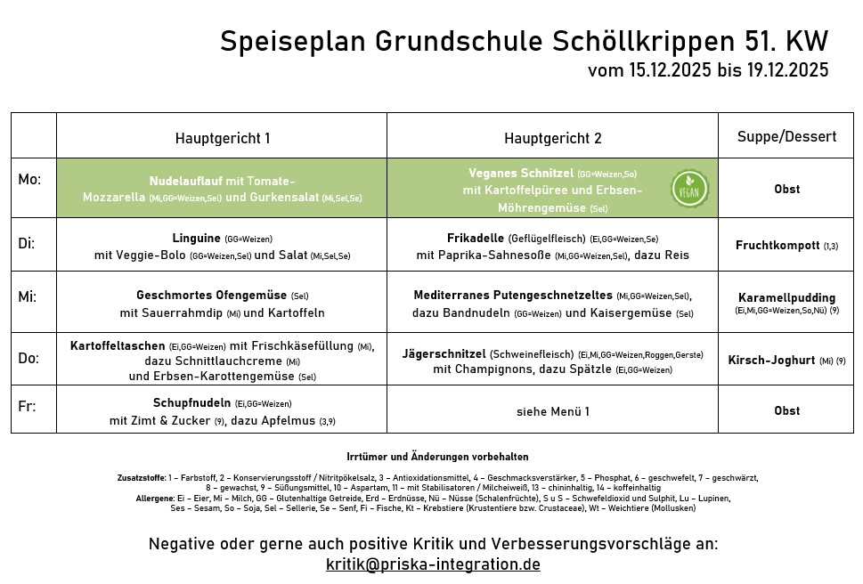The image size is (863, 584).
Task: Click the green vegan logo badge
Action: pyautogui.click(x=690, y=189)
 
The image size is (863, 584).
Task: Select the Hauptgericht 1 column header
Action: pyautogui.click(x=222, y=138)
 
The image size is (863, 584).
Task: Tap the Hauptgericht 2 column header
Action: pyautogui.click(x=552, y=138)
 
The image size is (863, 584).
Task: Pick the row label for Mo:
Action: pyautogui.click(x=29, y=180)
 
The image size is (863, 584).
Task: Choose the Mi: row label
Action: pyautogui.click(x=28, y=296)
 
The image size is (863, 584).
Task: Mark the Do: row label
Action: pyautogui.click(x=29, y=358)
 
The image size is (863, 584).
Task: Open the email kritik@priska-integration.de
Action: pyautogui.click(x=433, y=564)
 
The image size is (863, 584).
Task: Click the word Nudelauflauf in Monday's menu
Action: pyautogui.click(x=186, y=180)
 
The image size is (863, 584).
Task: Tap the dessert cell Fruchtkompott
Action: pyautogui.click(x=777, y=245)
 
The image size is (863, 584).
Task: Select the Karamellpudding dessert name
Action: pyautogui.click(x=786, y=297)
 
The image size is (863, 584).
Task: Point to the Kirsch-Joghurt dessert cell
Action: pyautogui.click(x=770, y=361)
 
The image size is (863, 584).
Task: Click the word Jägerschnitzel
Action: pyautogui.click(x=443, y=353)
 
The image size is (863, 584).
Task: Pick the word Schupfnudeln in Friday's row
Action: pyautogui.click(x=191, y=402)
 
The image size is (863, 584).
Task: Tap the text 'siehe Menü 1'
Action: pyautogui.click(x=552, y=411)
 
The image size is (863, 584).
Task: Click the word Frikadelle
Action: pyautogui.click(x=476, y=238)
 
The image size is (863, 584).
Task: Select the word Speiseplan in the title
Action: pyautogui.click(x=293, y=41)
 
